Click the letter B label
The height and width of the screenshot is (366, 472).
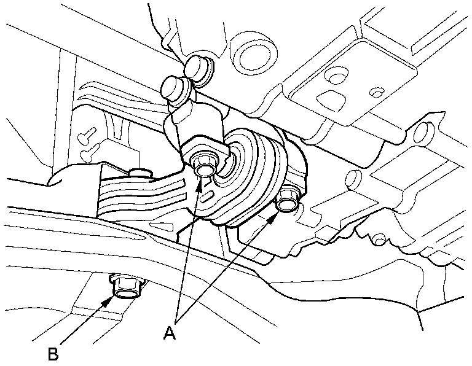[x=53, y=354]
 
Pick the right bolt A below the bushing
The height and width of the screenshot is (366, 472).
[x=286, y=200]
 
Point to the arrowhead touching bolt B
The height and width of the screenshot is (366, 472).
[x=110, y=300]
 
